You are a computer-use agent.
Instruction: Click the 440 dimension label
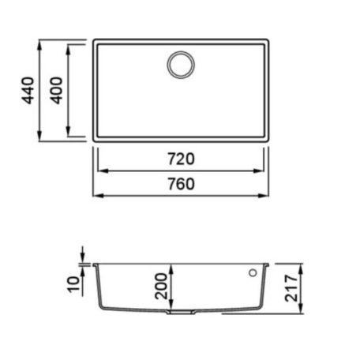(28, 90)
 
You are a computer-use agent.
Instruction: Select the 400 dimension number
(56, 90)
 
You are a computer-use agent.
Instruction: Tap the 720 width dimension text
(182, 159)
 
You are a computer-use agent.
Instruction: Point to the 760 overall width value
(182, 184)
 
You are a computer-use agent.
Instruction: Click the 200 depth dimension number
(161, 286)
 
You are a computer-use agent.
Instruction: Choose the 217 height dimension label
(291, 288)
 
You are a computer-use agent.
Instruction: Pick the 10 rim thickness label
(73, 284)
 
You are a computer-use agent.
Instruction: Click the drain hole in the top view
(181, 65)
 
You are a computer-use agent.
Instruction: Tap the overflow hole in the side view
(253, 273)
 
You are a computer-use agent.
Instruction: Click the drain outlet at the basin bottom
(181, 312)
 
